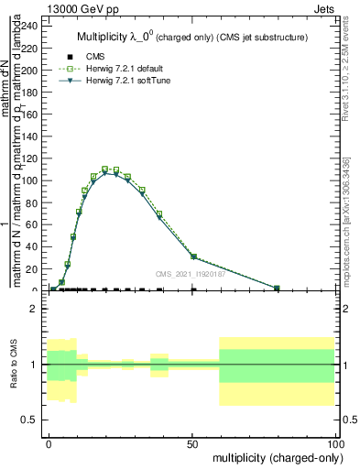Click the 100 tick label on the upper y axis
(x=31, y=180)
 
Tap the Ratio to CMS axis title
(x=14, y=364)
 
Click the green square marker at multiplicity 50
(x=193, y=256)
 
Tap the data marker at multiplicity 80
(x=277, y=289)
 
